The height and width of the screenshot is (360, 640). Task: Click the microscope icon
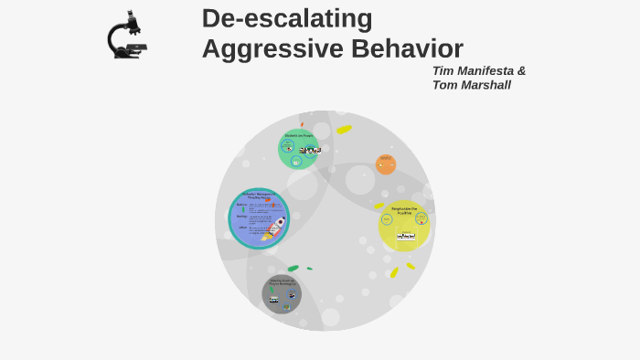click(126, 36)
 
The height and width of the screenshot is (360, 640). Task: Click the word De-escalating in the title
click(287, 18)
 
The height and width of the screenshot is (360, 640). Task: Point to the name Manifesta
click(484, 71)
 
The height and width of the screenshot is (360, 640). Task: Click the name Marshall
click(485, 85)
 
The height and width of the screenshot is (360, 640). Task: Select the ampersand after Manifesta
click(521, 71)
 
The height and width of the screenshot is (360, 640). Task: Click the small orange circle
click(386, 164)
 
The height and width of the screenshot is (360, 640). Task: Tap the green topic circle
click(298, 149)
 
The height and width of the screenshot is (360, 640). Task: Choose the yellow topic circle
click(404, 226)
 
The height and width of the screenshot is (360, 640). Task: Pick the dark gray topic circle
click(282, 294)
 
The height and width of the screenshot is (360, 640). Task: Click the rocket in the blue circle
click(276, 225)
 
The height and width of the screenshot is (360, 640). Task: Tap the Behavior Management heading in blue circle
click(259, 196)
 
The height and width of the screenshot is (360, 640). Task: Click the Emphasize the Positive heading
click(404, 210)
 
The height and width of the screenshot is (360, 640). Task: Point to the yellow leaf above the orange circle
click(344, 130)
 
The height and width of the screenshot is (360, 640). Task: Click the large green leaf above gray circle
click(293, 269)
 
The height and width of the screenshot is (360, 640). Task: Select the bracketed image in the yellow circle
click(406, 236)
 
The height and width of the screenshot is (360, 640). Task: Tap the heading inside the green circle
click(298, 135)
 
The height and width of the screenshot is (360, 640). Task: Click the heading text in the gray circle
click(282, 282)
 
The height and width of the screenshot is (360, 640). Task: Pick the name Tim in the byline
click(443, 71)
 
